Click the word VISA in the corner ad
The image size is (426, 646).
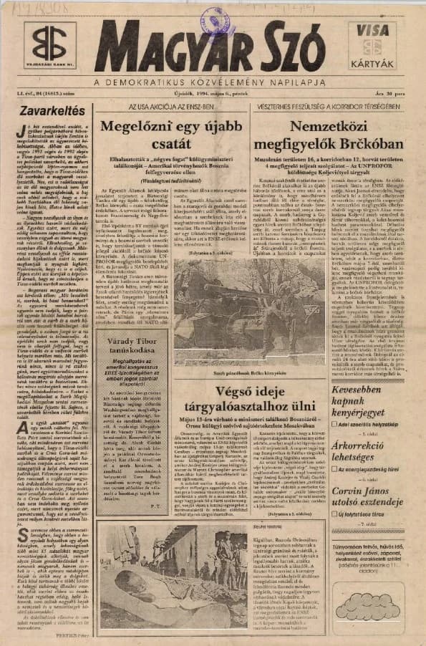[x=377, y=31]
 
